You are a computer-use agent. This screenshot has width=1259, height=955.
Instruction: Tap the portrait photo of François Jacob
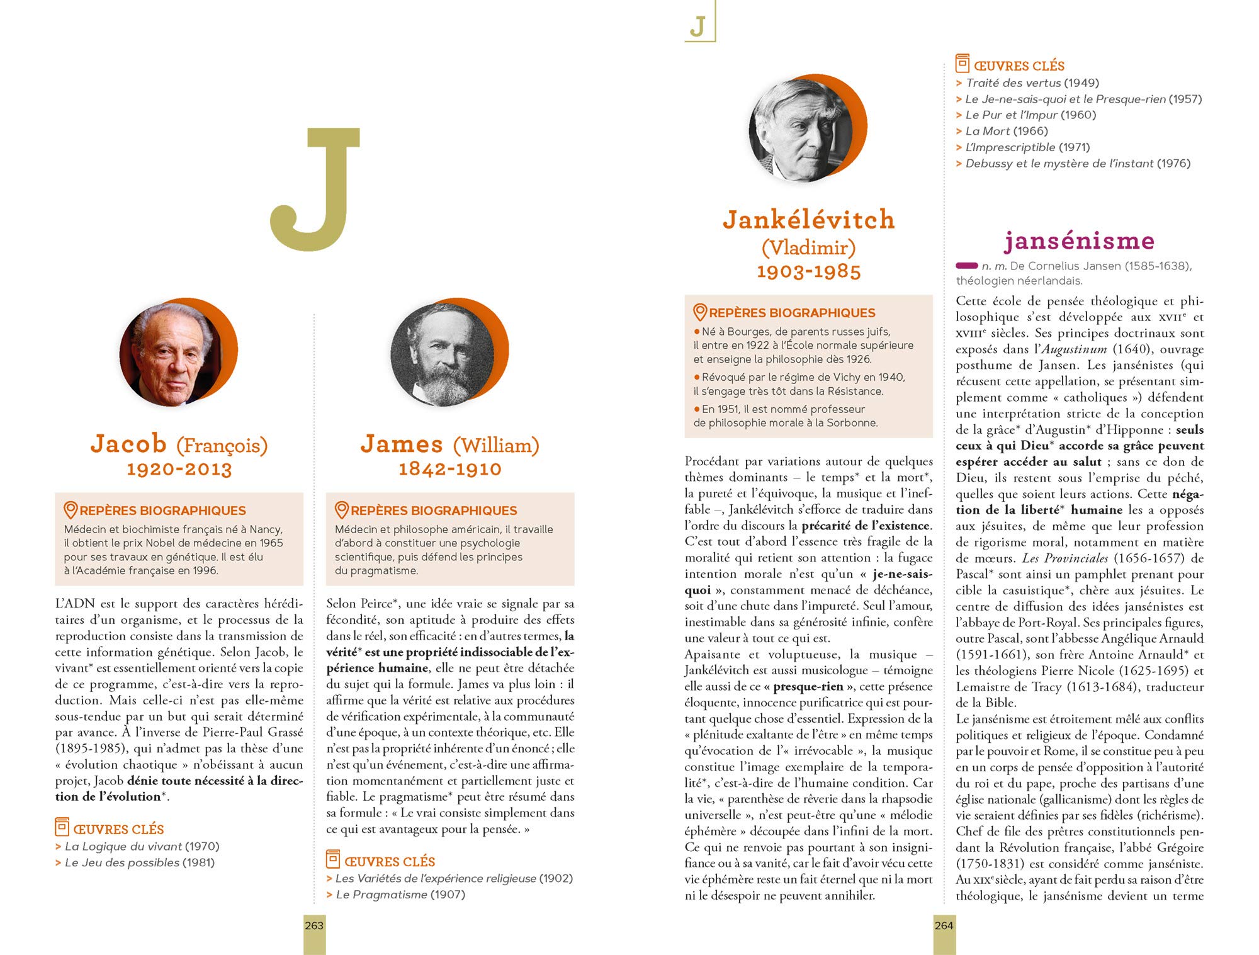coord(171,354)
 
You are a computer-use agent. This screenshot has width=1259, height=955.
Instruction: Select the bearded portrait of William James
coord(443,354)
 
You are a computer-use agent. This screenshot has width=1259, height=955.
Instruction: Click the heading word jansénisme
coord(1079,240)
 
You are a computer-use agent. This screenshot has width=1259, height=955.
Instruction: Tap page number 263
coord(314,925)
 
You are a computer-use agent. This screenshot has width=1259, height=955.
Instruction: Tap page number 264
coord(944,925)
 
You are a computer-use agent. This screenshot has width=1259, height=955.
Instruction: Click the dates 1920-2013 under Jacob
coord(179,469)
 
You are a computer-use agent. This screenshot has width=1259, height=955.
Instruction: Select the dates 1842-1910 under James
coord(450,469)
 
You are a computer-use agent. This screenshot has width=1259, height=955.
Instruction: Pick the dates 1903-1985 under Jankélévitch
coord(809,271)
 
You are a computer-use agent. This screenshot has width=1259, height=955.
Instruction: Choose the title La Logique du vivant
coord(123,847)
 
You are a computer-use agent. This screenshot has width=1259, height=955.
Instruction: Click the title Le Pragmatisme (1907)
coord(400,895)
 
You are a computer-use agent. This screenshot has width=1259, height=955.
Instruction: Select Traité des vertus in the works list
coord(1013,83)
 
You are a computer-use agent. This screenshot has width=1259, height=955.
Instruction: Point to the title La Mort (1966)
coord(1007,131)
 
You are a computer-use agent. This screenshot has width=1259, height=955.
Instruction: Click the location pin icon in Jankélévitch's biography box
coord(699,312)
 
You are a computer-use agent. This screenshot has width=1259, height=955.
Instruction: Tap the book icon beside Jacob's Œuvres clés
coord(62,827)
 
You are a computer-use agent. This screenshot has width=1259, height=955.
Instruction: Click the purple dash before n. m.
coord(966,266)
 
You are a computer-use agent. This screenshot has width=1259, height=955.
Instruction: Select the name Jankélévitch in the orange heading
coord(809,220)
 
